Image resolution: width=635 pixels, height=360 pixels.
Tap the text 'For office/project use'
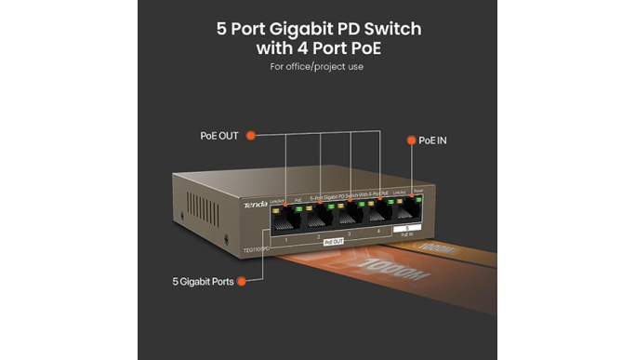317,67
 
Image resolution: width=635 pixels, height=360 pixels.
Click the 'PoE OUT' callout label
218,136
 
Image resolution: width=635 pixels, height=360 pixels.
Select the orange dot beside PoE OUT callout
250,136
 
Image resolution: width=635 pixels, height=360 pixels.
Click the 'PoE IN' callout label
433,140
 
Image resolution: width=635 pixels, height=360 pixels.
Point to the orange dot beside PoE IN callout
409,140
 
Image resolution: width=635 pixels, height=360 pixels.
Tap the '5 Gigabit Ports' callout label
204,280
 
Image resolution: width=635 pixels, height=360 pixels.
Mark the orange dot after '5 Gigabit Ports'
243,280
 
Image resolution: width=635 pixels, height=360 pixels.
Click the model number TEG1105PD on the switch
257,249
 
